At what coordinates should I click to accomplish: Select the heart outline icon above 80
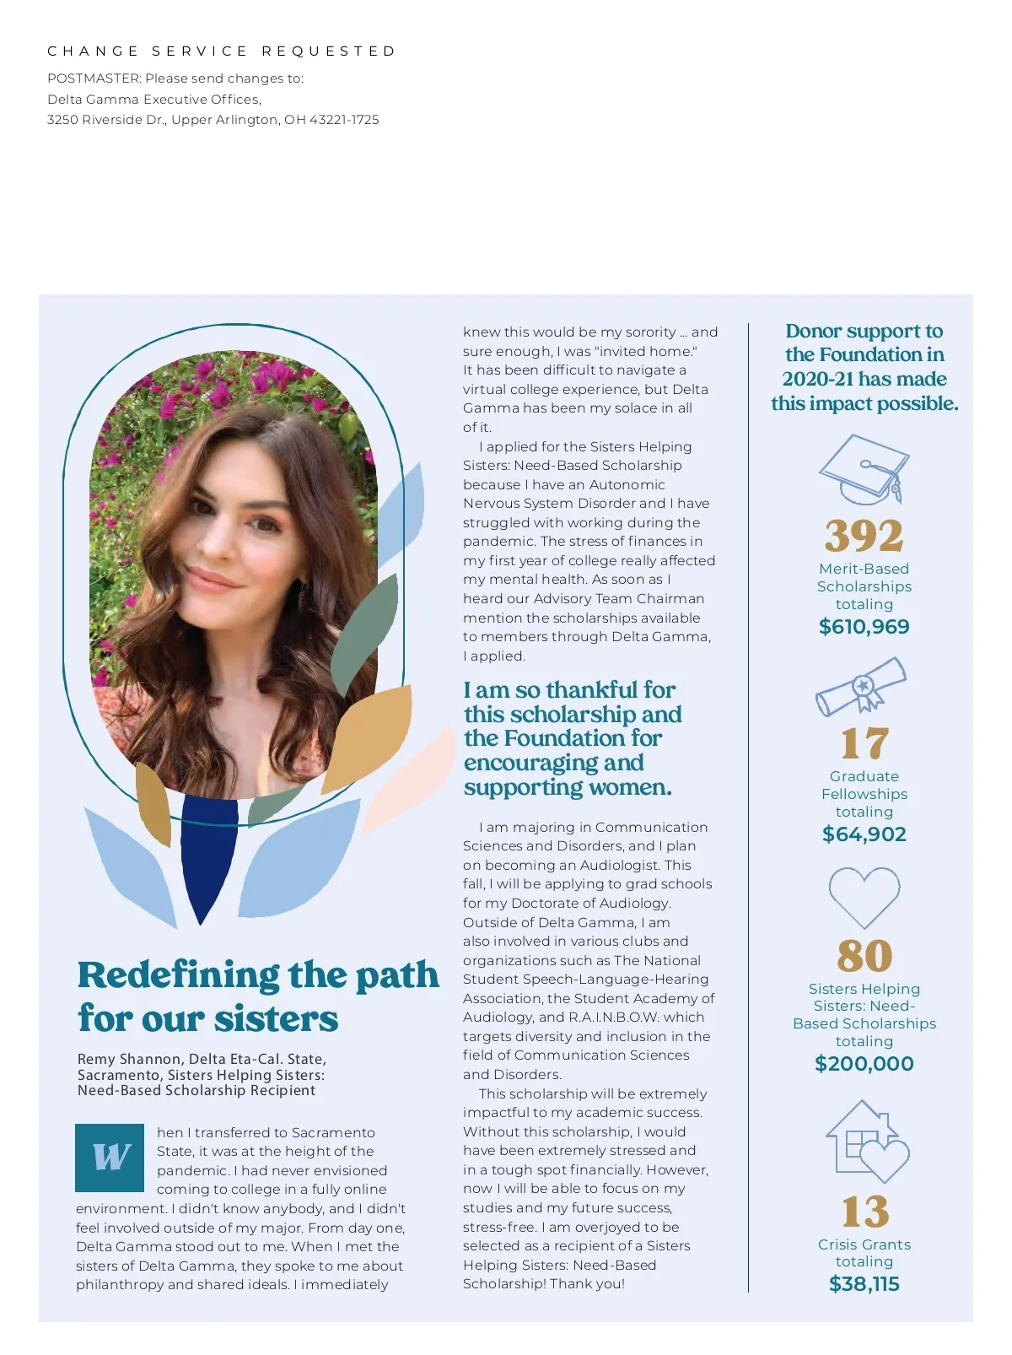click(x=864, y=896)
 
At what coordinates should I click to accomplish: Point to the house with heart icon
click(x=866, y=1141)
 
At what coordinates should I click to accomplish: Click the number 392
click(x=864, y=535)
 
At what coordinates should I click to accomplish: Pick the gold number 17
click(x=864, y=743)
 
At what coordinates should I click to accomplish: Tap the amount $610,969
click(x=864, y=627)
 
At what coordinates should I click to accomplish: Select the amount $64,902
click(x=864, y=834)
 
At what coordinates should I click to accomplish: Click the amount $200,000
click(x=864, y=1064)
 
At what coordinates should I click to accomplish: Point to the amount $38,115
click(x=864, y=1284)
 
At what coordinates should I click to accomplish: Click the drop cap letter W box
click(x=110, y=1157)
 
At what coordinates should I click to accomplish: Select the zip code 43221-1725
click(x=344, y=120)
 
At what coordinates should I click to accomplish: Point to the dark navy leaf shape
click(x=207, y=852)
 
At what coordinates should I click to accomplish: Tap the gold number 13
click(x=864, y=1212)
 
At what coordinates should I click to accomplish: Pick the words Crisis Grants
click(x=864, y=1244)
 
